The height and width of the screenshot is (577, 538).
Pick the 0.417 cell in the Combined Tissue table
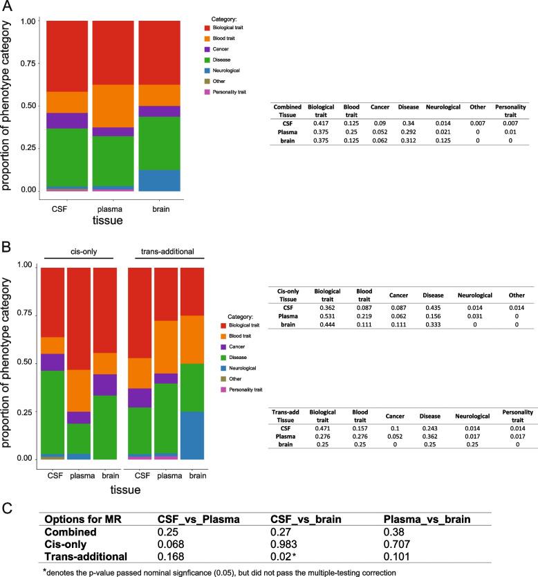(x=320, y=120)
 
